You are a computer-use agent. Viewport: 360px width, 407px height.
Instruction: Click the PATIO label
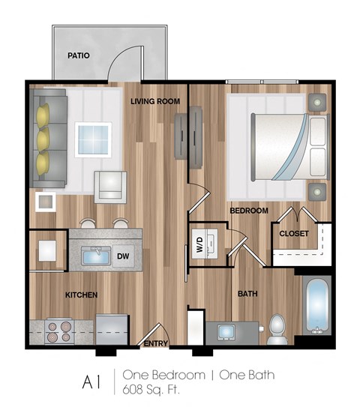point(78,55)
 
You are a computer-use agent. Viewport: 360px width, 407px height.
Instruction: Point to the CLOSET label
point(294,233)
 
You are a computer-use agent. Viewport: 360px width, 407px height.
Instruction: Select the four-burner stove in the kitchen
point(58,331)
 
